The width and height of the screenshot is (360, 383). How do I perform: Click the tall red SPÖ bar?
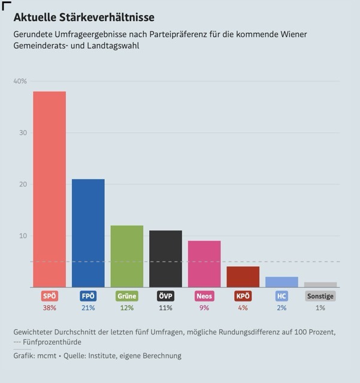tap(49, 189)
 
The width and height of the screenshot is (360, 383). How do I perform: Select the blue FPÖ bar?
tap(88, 233)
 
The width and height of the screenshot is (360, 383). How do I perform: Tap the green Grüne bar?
tap(127, 256)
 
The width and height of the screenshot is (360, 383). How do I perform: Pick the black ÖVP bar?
tap(165, 259)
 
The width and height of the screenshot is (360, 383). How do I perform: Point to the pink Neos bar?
tap(204, 264)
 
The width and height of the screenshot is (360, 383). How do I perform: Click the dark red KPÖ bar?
tap(243, 276)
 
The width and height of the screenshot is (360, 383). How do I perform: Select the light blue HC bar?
tap(282, 282)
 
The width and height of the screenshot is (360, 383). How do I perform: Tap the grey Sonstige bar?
tap(320, 285)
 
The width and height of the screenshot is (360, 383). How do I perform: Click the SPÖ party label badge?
tap(49, 296)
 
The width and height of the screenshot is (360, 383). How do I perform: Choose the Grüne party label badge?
tap(127, 296)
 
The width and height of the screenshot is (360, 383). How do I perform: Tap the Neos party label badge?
tap(204, 296)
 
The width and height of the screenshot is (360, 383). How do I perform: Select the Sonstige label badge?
tap(320, 296)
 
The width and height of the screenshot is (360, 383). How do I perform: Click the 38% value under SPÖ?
tap(49, 308)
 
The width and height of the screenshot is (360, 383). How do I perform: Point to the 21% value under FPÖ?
tap(88, 308)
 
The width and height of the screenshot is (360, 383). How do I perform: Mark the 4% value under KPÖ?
tap(243, 308)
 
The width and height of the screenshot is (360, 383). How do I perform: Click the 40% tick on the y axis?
tap(20, 81)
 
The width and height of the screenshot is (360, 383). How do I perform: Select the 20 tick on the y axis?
tap(22, 184)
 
